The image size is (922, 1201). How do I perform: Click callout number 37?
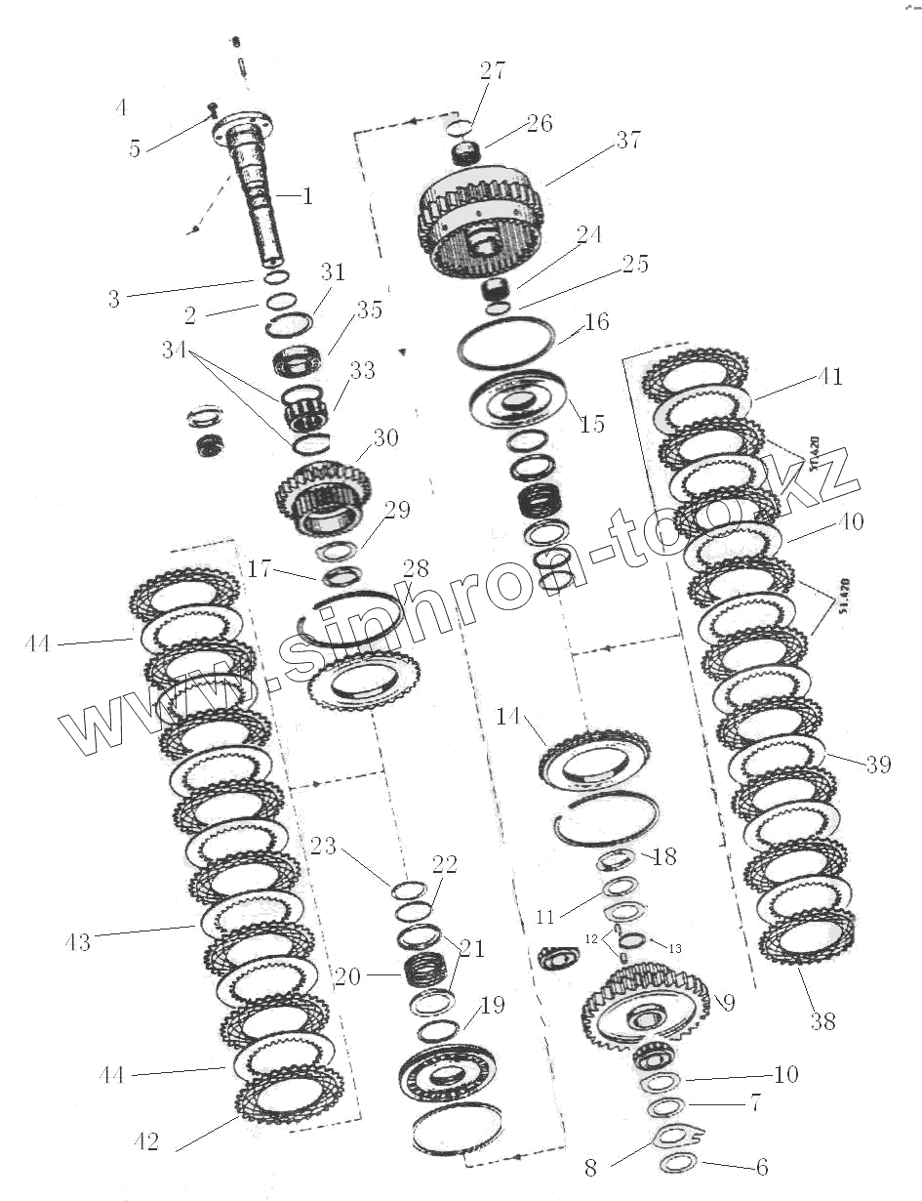(x=627, y=141)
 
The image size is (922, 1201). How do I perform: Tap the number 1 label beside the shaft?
(x=307, y=196)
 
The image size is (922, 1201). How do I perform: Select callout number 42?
(x=145, y=1141)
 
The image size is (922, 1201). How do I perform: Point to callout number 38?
(x=822, y=1021)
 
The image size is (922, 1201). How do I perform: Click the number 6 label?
(x=761, y=1167)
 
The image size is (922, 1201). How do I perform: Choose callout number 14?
(x=508, y=717)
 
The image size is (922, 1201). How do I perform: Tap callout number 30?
(x=385, y=438)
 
